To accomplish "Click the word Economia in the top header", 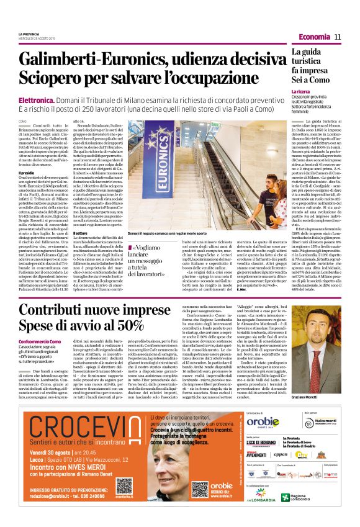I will [313, 37].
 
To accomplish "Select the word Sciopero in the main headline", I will [56, 78].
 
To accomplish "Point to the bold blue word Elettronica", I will [37, 99].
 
